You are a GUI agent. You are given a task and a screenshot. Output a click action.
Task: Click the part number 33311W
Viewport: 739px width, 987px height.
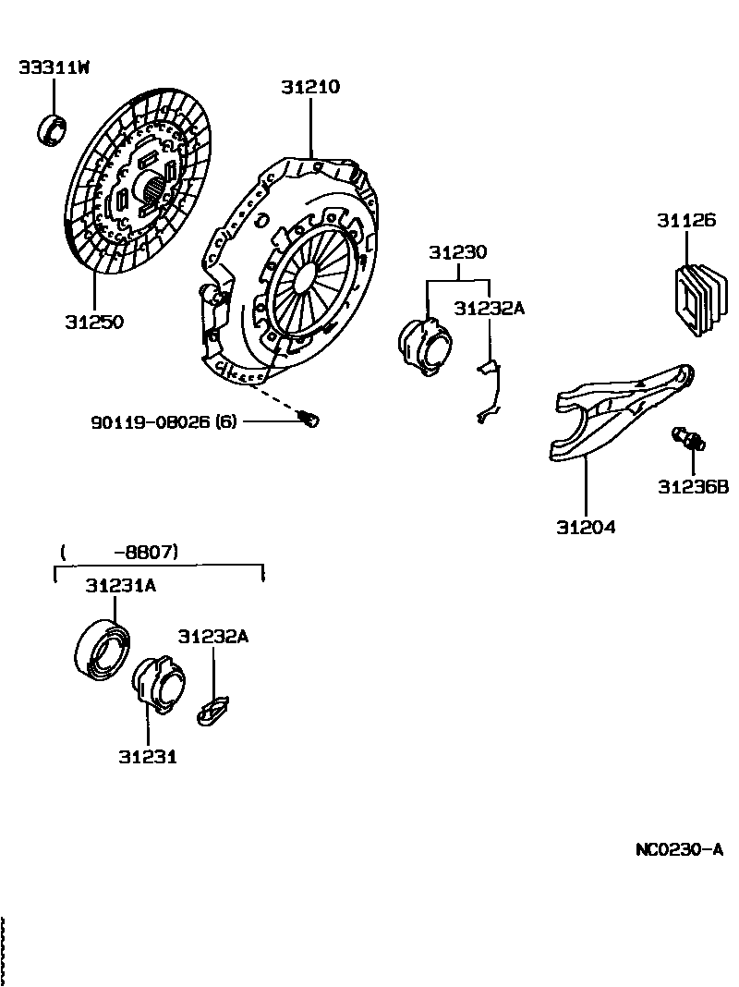(x=54, y=68)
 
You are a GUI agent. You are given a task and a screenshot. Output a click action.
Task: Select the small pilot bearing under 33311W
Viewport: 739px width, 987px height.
(x=53, y=129)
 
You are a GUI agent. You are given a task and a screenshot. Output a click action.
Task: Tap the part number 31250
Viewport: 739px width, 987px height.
(x=93, y=322)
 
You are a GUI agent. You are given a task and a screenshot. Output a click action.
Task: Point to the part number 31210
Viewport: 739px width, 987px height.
(x=310, y=88)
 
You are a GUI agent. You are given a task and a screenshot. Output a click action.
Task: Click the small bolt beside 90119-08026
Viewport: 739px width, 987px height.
(x=310, y=420)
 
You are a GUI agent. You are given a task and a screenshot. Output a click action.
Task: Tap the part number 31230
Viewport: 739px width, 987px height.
(x=457, y=252)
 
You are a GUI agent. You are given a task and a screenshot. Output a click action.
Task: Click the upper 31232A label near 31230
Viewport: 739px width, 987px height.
(x=489, y=309)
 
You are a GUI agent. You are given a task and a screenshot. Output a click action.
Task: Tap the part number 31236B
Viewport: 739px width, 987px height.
(x=693, y=486)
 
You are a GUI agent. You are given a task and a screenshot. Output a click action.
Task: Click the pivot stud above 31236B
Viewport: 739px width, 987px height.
(x=689, y=438)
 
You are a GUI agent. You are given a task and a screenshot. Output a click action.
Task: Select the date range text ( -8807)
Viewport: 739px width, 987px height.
(x=119, y=553)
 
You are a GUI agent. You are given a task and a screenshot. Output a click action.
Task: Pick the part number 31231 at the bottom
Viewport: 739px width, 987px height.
(x=147, y=756)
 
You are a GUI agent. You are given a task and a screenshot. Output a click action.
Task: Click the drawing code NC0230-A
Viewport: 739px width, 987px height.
(x=678, y=849)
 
